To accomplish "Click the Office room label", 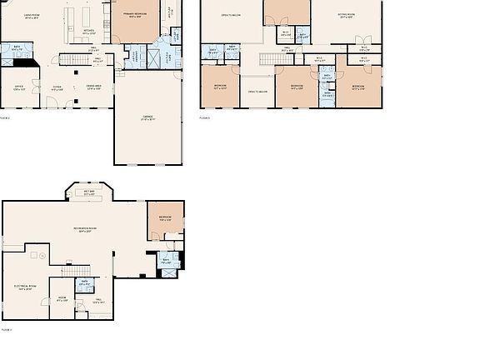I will tap(18, 87).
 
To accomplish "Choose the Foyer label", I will tap(57, 87).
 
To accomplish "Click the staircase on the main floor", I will tap(83, 60).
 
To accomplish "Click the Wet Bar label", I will tap(88, 192).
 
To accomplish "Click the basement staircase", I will tap(77, 270).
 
